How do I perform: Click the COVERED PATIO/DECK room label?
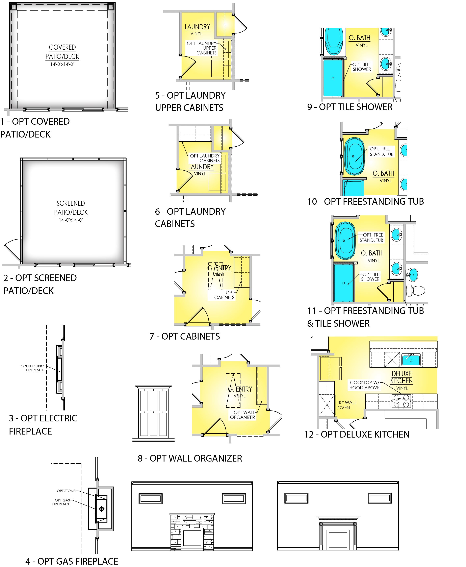[62, 52]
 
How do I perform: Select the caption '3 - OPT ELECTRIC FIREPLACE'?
[43, 424]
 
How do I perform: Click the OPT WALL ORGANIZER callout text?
[242, 415]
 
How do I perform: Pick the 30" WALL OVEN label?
[347, 405]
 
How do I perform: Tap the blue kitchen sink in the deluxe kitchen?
[411, 360]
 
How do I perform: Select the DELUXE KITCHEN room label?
[402, 377]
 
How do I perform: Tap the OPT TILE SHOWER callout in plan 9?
[362, 67]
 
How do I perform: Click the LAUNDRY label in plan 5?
[197, 27]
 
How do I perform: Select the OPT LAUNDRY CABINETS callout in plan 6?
[205, 158]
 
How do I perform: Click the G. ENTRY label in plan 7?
[219, 268]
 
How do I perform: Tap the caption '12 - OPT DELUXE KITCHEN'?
[357, 434]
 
